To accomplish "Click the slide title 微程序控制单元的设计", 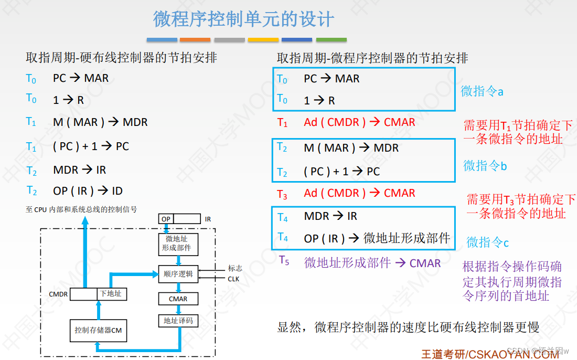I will point(243,19).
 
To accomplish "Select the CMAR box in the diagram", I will point(178,299).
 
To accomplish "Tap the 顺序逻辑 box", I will point(178,273).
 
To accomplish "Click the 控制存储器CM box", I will point(98,330).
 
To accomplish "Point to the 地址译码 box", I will point(178,321).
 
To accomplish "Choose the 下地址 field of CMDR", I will point(111,294).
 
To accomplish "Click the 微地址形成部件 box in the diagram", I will point(177,243).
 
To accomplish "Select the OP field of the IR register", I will point(166,219).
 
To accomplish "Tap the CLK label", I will point(233,279).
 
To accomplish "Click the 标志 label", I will point(235,268).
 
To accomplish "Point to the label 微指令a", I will point(482,91).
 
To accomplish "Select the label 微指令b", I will point(485,166).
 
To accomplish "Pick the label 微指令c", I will point(488,242).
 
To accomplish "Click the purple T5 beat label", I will point(284,260).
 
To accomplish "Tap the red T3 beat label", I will point(282,195).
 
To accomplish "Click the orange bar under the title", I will point(195,39).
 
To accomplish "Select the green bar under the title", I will point(331,39).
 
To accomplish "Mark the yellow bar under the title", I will point(263,39).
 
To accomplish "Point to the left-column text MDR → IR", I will point(80,170).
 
